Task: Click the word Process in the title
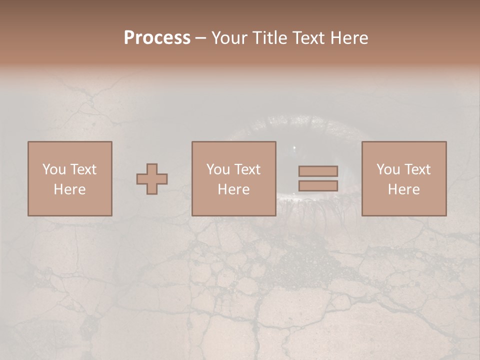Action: point(157,38)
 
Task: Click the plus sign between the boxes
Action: point(152,179)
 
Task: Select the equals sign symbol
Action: point(318,178)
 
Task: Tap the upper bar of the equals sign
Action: point(318,171)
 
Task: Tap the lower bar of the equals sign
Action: point(318,186)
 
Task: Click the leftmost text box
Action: point(69,178)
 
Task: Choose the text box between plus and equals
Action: point(233,178)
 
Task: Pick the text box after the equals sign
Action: point(403,178)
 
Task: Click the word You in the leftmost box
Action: point(53,169)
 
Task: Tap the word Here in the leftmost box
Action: point(69,189)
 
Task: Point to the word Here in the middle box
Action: point(233,189)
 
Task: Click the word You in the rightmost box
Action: point(387,169)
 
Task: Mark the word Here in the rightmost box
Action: point(403,189)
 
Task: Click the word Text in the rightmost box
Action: point(418,169)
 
